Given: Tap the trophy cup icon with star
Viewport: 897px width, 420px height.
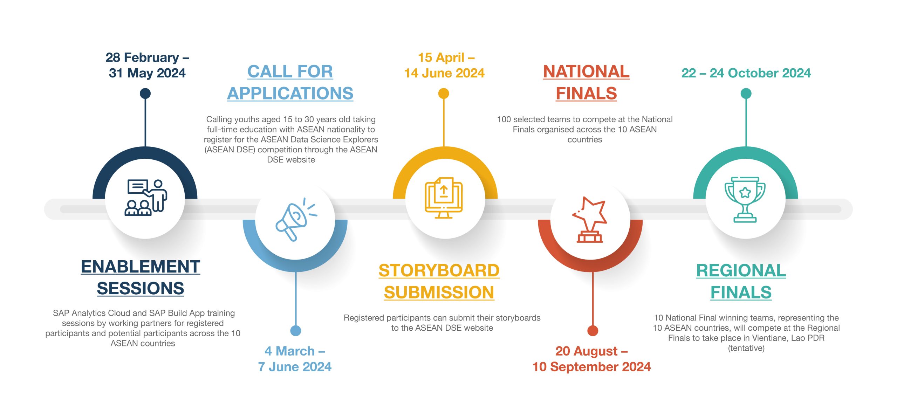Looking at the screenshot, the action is pyautogui.click(x=745, y=199).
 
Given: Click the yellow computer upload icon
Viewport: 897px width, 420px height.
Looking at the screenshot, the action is pyautogui.click(x=444, y=198).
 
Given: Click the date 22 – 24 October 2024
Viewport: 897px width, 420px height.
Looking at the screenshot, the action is pyautogui.click(x=746, y=73).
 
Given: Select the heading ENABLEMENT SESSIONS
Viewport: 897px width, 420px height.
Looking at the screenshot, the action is pyautogui.click(x=141, y=277).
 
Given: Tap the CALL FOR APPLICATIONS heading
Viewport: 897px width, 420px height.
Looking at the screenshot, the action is pyautogui.click(x=290, y=82).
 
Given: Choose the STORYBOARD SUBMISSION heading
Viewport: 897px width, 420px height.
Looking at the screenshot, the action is pyautogui.click(x=439, y=281).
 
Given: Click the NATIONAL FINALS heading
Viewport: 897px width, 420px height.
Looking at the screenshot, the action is pyautogui.click(x=586, y=82).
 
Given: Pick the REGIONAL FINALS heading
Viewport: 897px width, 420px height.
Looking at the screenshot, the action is pyautogui.click(x=741, y=281).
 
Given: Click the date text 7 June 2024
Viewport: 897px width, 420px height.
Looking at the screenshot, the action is pyautogui.click(x=295, y=367).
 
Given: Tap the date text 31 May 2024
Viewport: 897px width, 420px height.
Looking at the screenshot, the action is pyautogui.click(x=147, y=73).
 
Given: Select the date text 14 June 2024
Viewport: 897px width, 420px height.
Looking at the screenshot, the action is pyautogui.click(x=444, y=73).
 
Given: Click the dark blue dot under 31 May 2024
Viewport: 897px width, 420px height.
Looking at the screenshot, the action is pyautogui.click(x=145, y=94).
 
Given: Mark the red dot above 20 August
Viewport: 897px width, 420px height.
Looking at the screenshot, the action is pyautogui.click(x=593, y=330).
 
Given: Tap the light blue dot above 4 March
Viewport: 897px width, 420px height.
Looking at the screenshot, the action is pyautogui.click(x=296, y=330).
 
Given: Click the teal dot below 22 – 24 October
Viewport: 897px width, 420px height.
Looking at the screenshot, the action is pyautogui.click(x=746, y=94).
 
